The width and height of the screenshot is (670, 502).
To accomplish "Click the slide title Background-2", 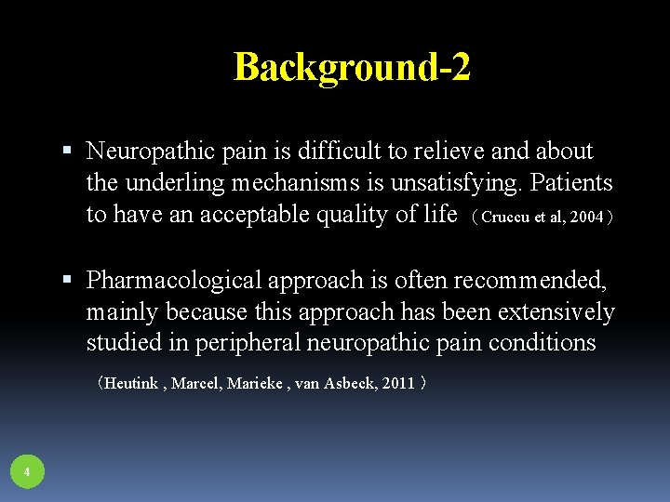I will (x=352, y=67).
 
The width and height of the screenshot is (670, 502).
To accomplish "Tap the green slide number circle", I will (x=27, y=472).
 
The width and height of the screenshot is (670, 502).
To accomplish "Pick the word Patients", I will (x=571, y=182).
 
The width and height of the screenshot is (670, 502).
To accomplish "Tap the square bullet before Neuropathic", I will (x=71, y=151).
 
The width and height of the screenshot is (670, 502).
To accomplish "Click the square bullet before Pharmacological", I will (x=71, y=279).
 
